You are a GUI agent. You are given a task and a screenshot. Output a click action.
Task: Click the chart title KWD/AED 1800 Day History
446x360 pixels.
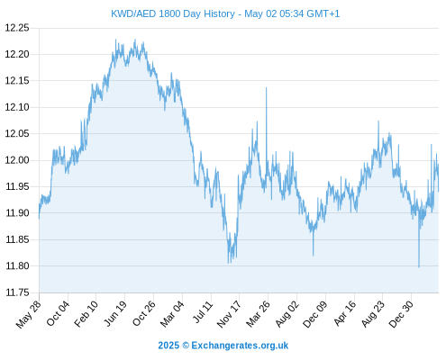click(173, 13)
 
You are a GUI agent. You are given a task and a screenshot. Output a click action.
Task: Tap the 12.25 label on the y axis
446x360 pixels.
click(17, 28)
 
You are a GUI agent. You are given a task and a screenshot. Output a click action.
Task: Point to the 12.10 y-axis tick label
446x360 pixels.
click(17, 107)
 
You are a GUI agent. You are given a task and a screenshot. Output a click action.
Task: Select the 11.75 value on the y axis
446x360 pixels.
click(18, 292)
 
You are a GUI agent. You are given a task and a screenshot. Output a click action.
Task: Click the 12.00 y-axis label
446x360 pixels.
click(17, 160)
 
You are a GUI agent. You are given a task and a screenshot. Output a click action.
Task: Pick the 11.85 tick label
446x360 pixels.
click(18, 239)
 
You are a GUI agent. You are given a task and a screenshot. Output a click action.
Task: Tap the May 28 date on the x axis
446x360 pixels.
click(29, 314)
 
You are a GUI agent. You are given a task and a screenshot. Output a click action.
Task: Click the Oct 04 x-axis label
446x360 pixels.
click(58, 313)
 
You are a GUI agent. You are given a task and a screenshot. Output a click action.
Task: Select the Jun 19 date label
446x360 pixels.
click(115, 313)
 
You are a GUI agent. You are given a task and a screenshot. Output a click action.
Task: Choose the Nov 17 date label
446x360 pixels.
click(229, 314)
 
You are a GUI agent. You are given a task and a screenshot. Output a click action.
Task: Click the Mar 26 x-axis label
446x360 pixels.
click(258, 314)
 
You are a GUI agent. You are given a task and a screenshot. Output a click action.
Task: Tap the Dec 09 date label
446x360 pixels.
click(315, 314)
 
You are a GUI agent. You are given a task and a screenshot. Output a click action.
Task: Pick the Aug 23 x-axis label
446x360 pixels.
click(372, 314)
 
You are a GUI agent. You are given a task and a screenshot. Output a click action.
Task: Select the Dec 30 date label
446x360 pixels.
click(401, 314)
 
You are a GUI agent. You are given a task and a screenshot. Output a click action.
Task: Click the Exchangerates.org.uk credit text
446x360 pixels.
click(240, 346)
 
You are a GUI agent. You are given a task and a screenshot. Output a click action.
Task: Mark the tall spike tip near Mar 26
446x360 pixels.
click(266, 87)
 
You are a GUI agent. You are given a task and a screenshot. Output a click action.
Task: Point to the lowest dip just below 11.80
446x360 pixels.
click(419, 267)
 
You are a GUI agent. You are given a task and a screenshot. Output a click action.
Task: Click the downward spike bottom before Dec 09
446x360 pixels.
click(314, 256)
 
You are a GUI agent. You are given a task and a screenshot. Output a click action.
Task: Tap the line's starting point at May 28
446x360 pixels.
click(39, 218)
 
